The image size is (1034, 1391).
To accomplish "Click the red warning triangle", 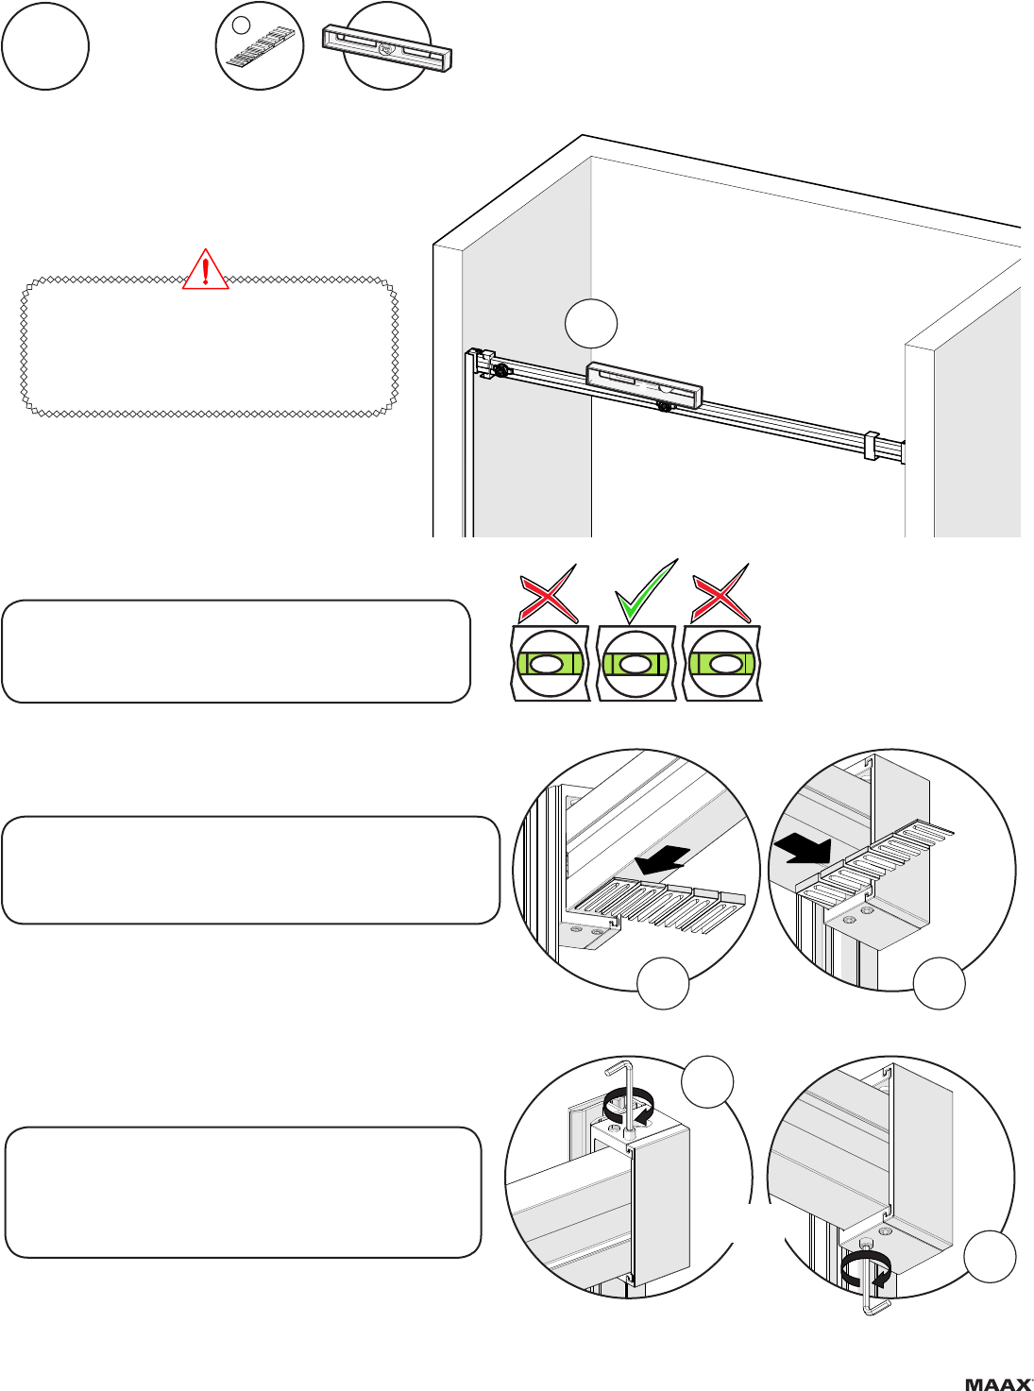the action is [205, 270].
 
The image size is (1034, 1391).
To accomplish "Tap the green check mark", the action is [646, 591].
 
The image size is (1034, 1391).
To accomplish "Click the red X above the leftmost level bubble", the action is [549, 593].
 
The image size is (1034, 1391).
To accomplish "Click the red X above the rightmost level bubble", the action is [720, 593].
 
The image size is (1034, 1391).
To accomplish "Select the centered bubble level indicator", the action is [636, 664].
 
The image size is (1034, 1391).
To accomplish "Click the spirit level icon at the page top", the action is [387, 48].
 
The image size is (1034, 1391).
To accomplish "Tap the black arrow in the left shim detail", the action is [662, 859].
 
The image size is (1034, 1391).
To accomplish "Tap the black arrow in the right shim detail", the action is [803, 851].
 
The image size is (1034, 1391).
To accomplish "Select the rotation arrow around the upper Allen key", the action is [629, 1108].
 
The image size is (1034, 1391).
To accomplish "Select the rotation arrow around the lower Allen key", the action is [866, 1270].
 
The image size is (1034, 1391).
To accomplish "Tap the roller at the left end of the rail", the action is [501, 370].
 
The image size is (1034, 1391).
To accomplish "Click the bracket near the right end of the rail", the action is [872, 445].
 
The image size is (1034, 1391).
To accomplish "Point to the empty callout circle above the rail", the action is [591, 324].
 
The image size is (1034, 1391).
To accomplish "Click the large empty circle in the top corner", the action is [45, 45].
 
